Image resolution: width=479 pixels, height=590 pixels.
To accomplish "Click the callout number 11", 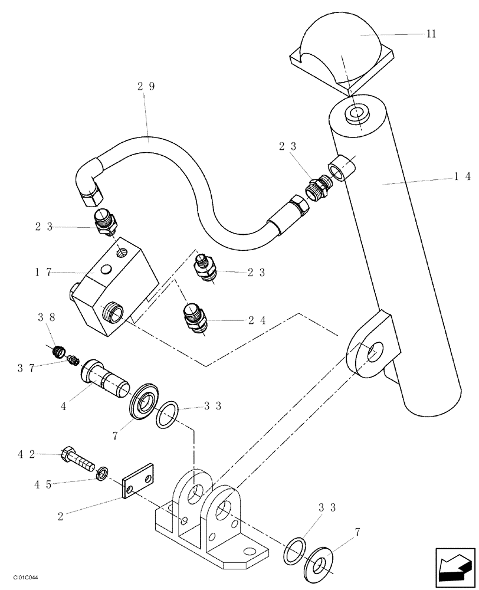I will pyautogui.click(x=431, y=34).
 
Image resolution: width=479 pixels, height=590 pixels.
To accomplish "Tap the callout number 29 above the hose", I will pyautogui.click(x=146, y=86).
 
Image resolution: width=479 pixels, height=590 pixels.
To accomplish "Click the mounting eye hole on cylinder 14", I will pyautogui.click(x=373, y=352).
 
